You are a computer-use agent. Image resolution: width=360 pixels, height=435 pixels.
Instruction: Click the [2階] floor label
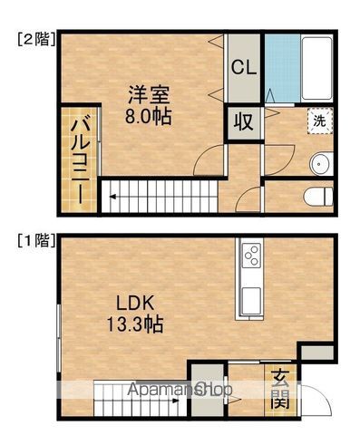point(36,39)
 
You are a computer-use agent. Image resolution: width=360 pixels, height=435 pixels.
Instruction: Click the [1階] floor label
point(36,241)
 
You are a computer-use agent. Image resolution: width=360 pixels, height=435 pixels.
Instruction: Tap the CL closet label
point(244,68)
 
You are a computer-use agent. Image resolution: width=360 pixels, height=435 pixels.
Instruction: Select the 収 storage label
point(244,122)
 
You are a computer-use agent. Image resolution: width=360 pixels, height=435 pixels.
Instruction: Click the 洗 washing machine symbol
point(320,121)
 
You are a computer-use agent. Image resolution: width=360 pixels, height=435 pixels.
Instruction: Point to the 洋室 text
point(149,94)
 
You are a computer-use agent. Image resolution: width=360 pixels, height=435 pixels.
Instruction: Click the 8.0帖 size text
point(149,116)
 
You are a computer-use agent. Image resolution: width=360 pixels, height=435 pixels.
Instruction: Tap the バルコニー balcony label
point(80,160)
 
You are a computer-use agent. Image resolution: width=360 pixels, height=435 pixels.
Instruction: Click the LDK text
point(136,304)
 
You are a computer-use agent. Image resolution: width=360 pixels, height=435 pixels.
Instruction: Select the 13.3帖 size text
point(135,324)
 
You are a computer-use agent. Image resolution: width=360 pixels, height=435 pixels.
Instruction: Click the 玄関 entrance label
point(280,389)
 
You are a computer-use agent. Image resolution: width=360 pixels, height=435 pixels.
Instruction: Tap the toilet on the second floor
point(318,197)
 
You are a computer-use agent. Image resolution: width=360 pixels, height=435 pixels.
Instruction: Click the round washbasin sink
point(321,163)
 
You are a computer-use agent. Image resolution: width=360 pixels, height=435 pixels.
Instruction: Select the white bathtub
point(316,70)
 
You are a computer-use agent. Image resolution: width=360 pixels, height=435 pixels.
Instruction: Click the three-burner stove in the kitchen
point(252,256)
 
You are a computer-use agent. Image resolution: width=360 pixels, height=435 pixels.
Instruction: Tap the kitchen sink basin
point(251,301)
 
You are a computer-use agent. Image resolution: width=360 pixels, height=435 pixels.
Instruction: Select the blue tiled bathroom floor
point(283,69)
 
